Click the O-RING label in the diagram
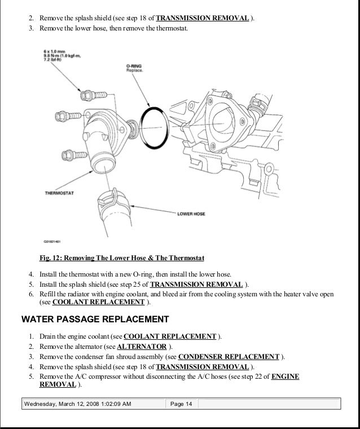(x=134, y=65)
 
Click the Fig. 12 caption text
(x=122, y=258)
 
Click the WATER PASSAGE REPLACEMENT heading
(x=95, y=319)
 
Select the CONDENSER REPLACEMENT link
(x=229, y=357)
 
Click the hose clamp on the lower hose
(x=111, y=199)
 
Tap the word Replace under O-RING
(x=134, y=71)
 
